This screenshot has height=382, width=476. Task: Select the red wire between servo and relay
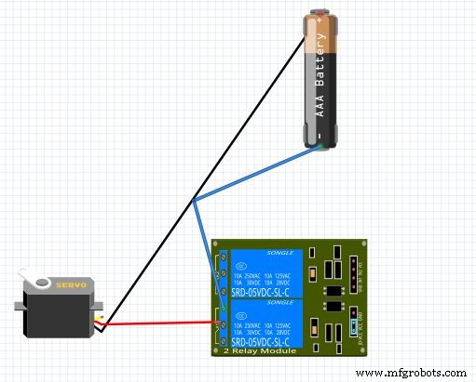pyautogui.click(x=158, y=323)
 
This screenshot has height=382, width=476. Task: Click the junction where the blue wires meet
pyautogui.click(x=194, y=201)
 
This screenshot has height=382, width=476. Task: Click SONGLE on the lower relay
pyautogui.click(x=280, y=302)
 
